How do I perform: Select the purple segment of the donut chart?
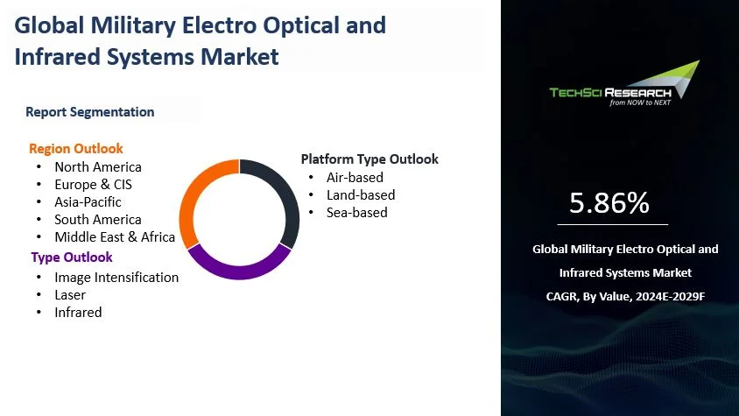[x=239, y=271]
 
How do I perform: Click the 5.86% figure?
[x=609, y=203]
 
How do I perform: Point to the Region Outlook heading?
[x=76, y=149]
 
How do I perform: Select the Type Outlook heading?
[x=72, y=257]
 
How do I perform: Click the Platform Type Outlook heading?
[x=369, y=159]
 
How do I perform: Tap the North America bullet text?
[x=98, y=167]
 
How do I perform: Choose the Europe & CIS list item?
[x=94, y=185]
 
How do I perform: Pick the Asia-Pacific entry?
[x=88, y=201]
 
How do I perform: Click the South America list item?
[x=98, y=219]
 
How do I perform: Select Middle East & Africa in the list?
[x=115, y=236]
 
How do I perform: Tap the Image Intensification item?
[x=116, y=278]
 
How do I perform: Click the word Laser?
[x=70, y=295]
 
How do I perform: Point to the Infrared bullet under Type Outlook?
[x=78, y=313]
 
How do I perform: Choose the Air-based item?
[x=355, y=177]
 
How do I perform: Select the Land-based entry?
[x=361, y=194]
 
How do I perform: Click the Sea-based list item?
[x=357, y=212]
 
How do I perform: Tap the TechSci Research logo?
[x=624, y=84]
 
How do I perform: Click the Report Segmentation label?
[x=90, y=112]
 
